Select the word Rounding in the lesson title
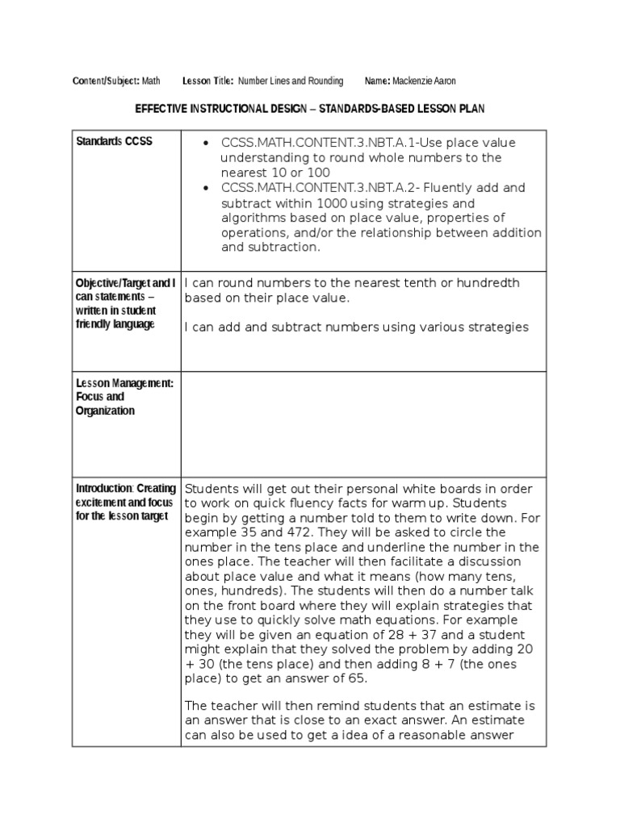click(x=324, y=81)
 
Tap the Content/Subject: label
click(x=106, y=81)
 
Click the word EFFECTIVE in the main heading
click(x=168, y=108)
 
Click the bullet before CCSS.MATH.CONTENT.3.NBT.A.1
click(x=206, y=144)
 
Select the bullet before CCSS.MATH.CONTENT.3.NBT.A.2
click(x=206, y=189)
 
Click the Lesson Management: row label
click(x=124, y=383)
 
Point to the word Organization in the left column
click(x=106, y=411)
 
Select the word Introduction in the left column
click(x=103, y=488)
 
